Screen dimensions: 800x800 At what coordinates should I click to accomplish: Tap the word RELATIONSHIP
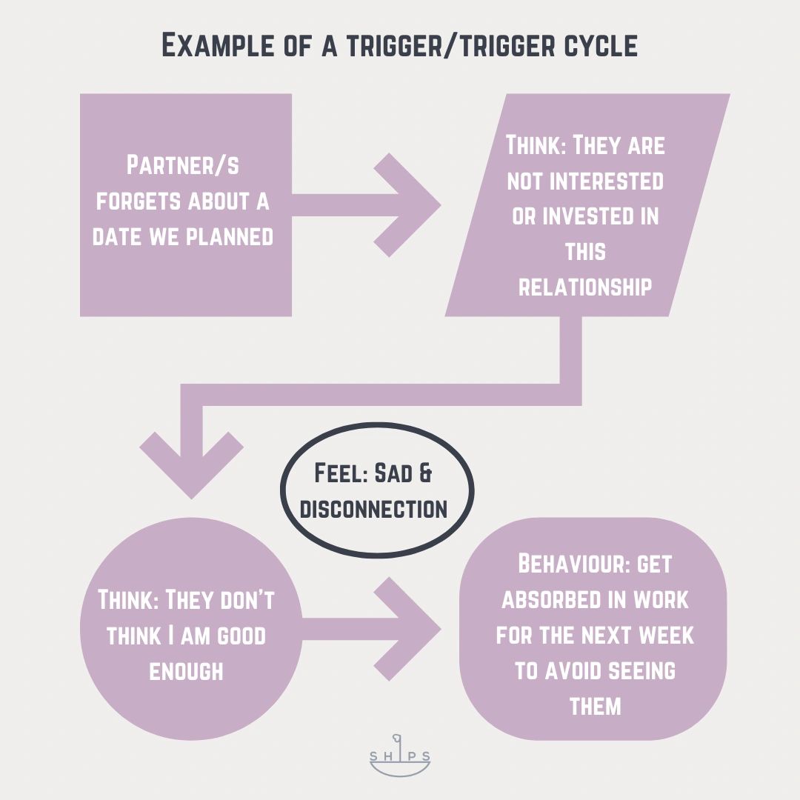coord(585,287)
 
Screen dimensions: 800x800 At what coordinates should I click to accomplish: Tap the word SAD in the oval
coord(393,474)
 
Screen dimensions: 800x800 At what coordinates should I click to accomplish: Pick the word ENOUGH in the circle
coord(186,671)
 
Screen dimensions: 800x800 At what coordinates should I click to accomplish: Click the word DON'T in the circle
coord(239,600)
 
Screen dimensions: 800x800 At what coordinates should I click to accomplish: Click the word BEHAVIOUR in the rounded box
coord(565,564)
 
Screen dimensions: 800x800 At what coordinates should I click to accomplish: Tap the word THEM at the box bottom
coord(595,705)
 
